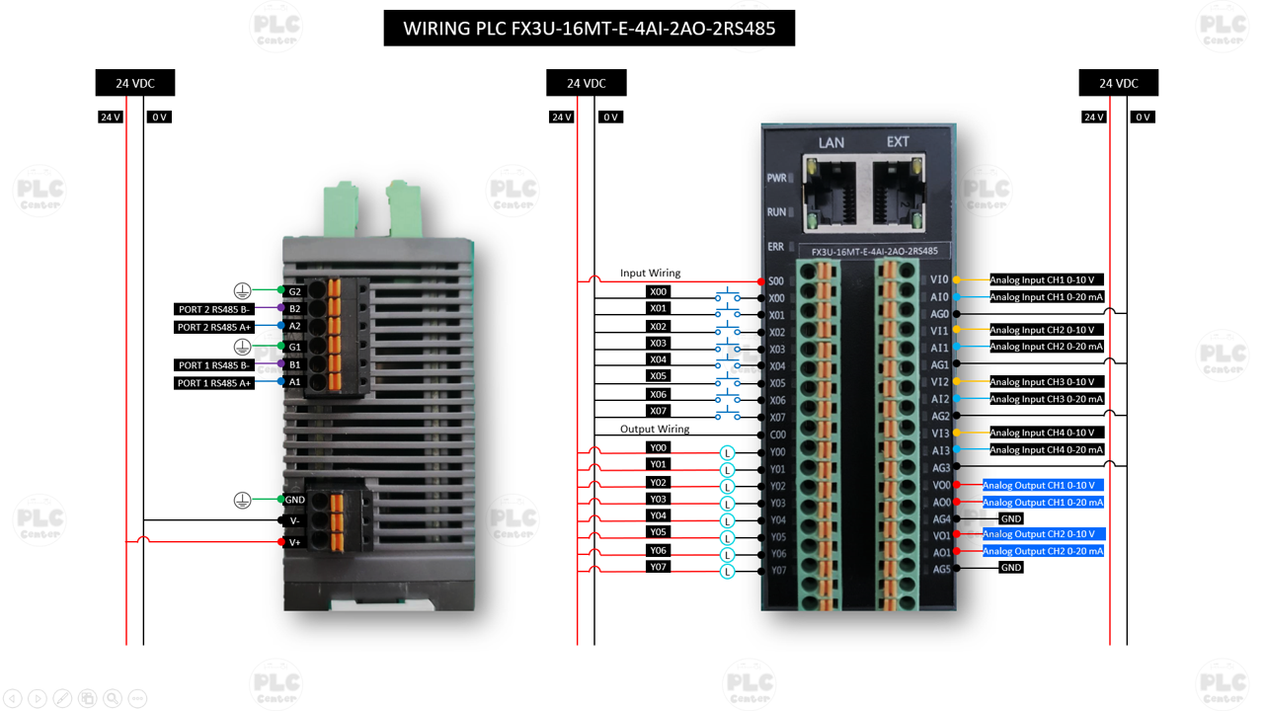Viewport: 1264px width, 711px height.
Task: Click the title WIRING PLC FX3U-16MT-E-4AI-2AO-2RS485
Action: [x=590, y=28]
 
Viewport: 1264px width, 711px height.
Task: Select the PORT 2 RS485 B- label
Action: [x=214, y=309]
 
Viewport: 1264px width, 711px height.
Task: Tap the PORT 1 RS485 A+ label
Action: [x=214, y=383]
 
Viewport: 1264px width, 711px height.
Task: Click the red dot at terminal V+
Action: [x=281, y=542]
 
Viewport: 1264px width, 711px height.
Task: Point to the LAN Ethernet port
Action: [x=829, y=193]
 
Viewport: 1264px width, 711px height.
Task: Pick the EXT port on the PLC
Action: [x=897, y=193]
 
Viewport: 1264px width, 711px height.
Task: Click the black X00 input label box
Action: [x=658, y=292]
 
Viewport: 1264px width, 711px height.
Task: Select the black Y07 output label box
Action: [x=658, y=567]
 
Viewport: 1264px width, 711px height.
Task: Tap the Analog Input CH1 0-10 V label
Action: [x=1046, y=280]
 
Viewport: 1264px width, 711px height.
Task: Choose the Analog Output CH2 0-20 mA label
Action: [x=1042, y=551]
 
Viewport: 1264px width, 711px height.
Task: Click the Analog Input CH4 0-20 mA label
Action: [x=1046, y=450]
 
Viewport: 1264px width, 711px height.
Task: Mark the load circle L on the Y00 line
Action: [x=728, y=453]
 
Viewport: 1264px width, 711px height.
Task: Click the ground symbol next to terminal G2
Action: [x=242, y=290]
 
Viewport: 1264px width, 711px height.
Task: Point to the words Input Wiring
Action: [x=650, y=274]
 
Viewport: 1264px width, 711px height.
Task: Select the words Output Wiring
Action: [x=654, y=430]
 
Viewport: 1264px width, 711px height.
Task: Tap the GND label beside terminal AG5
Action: [x=1010, y=568]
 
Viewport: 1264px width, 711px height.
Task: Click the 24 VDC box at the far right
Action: [x=1118, y=83]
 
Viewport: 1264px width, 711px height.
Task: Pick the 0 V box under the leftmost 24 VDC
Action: [x=159, y=117]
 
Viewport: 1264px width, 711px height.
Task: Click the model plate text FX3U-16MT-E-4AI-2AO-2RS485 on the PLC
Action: [x=874, y=252]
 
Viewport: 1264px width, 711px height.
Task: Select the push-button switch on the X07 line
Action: [x=728, y=415]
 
